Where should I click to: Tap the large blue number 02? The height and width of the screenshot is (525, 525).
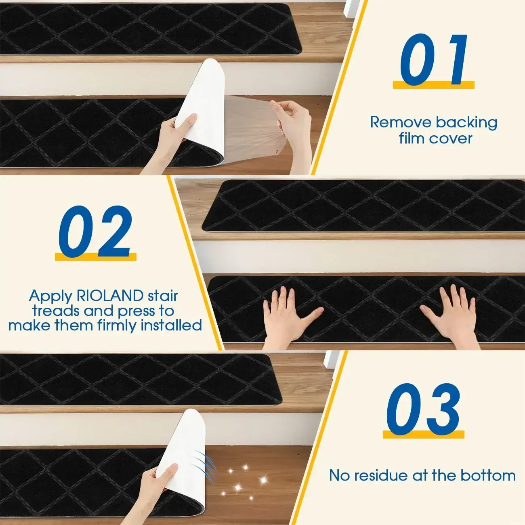pos(95,231)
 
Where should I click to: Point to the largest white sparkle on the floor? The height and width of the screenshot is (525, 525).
pos(263,480)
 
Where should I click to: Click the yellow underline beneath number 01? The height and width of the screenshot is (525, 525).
pos(433,85)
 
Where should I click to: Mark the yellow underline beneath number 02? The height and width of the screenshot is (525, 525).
pos(96,256)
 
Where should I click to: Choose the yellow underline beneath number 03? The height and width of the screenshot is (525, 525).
pos(423,434)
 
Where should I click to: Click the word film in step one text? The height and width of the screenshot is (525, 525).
pos(412,139)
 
